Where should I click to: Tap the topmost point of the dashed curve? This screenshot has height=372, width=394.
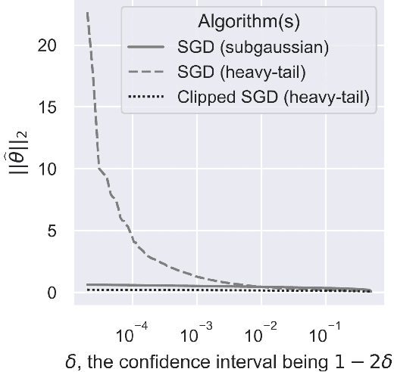[89, 13]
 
